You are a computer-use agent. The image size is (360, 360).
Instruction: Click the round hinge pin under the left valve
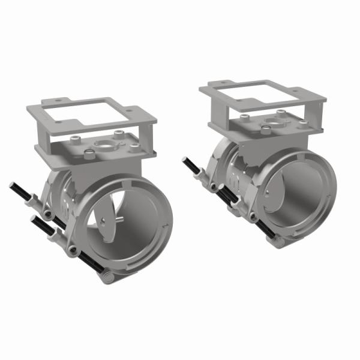[106, 278]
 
